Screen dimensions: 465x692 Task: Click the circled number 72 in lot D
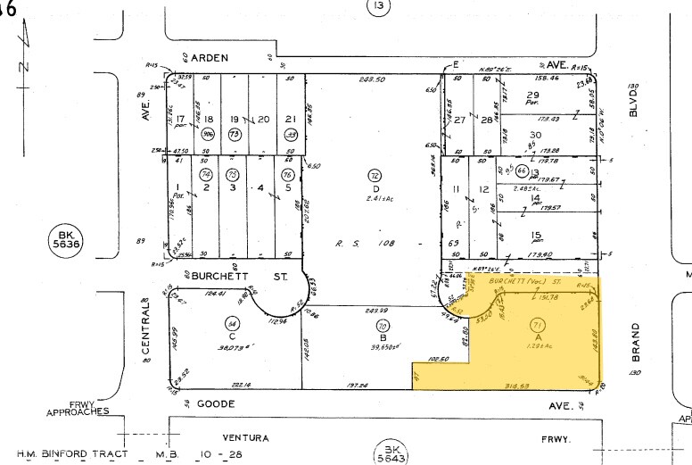pyautogui.click(x=375, y=175)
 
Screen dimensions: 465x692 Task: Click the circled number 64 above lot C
pyautogui.click(x=232, y=323)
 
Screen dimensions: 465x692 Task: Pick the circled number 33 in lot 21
pyautogui.click(x=290, y=134)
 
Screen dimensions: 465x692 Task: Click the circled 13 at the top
pyautogui.click(x=379, y=8)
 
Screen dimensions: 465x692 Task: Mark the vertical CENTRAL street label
pyautogui.click(x=146, y=328)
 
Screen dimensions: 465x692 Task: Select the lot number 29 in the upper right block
pyautogui.click(x=533, y=95)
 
